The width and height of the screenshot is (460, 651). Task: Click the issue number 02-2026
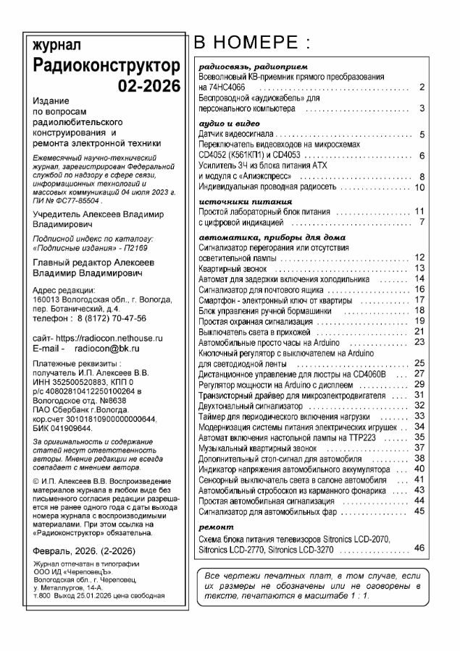tap(149, 86)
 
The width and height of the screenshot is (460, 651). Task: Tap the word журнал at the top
tap(54, 45)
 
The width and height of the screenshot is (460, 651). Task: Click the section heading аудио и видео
tap(227, 124)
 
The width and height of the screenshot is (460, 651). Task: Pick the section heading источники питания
tap(240, 200)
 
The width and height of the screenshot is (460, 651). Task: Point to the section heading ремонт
tap(217, 527)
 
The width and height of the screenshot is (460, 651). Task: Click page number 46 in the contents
tap(419, 548)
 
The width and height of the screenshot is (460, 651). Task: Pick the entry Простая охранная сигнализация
tap(256, 320)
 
